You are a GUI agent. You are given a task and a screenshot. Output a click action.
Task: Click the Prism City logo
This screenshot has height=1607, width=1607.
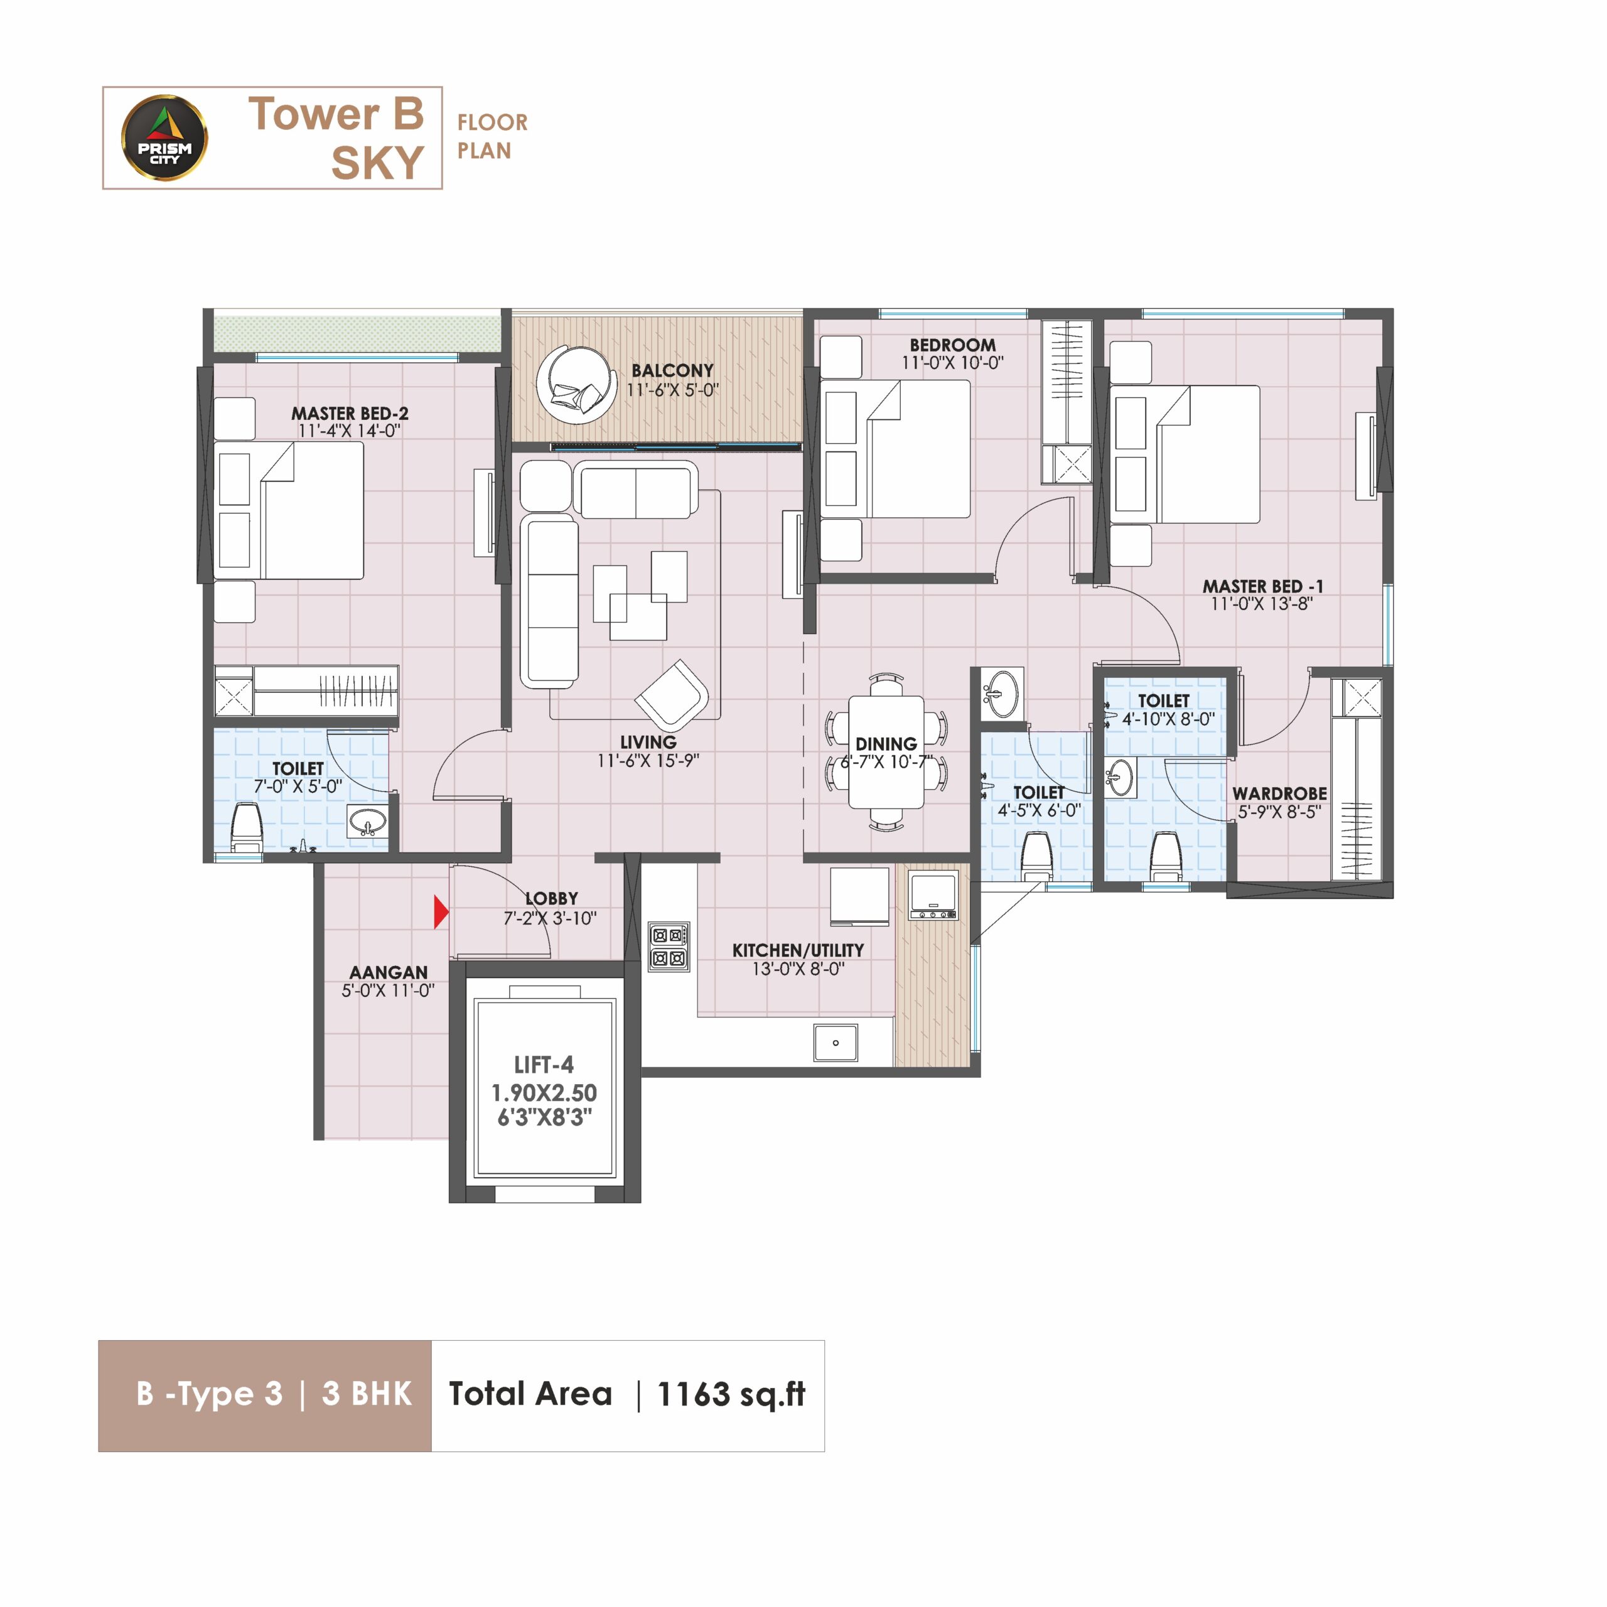point(164,138)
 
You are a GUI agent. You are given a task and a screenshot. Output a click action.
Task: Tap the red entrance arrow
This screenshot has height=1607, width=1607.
point(441,911)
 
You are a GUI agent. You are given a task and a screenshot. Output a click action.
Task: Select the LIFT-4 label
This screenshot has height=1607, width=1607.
point(544,1065)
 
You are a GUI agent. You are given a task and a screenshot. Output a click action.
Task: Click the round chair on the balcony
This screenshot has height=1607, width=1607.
point(576,385)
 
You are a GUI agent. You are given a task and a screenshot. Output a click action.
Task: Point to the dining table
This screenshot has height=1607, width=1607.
point(886,752)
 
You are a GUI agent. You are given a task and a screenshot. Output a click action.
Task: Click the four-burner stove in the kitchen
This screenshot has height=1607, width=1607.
point(669,947)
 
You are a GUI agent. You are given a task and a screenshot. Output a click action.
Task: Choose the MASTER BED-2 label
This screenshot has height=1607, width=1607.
point(350,414)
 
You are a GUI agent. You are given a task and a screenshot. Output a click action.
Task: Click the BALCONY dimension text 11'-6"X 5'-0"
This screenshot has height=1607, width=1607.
point(672,390)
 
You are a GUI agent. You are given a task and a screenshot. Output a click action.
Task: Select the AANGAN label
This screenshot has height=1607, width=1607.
point(389,972)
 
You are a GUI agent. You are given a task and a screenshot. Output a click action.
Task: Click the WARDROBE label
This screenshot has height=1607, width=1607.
point(1279,793)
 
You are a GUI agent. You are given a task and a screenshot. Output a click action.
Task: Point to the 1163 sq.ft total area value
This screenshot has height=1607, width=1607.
point(731,1394)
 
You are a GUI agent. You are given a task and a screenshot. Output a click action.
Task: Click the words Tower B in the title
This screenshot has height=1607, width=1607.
point(336,114)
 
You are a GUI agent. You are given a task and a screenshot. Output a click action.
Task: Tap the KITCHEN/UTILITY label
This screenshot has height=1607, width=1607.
point(798,950)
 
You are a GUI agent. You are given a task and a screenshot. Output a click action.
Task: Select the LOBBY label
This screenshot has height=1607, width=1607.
point(552,898)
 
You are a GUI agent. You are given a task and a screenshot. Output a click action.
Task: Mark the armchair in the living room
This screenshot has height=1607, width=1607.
point(671,696)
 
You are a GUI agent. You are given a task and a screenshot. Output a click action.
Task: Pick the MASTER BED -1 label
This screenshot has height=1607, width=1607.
point(1262,586)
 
